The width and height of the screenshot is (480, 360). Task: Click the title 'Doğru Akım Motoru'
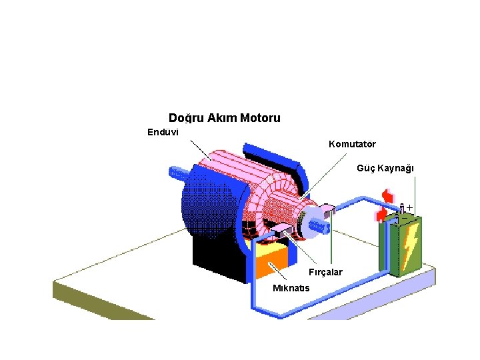click(x=224, y=118)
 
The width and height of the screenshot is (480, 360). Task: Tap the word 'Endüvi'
click(x=163, y=131)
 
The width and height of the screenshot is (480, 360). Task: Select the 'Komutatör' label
click(x=352, y=144)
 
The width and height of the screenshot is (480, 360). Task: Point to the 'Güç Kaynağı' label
click(x=385, y=168)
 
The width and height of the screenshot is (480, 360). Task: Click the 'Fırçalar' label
click(x=325, y=272)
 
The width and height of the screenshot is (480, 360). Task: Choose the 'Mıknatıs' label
click(x=291, y=288)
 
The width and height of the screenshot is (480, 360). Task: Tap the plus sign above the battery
click(x=409, y=207)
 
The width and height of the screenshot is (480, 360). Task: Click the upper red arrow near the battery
click(x=386, y=196)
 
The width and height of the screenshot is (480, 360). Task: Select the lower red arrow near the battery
click(x=381, y=214)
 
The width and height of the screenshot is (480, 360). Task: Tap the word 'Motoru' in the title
click(x=260, y=118)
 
